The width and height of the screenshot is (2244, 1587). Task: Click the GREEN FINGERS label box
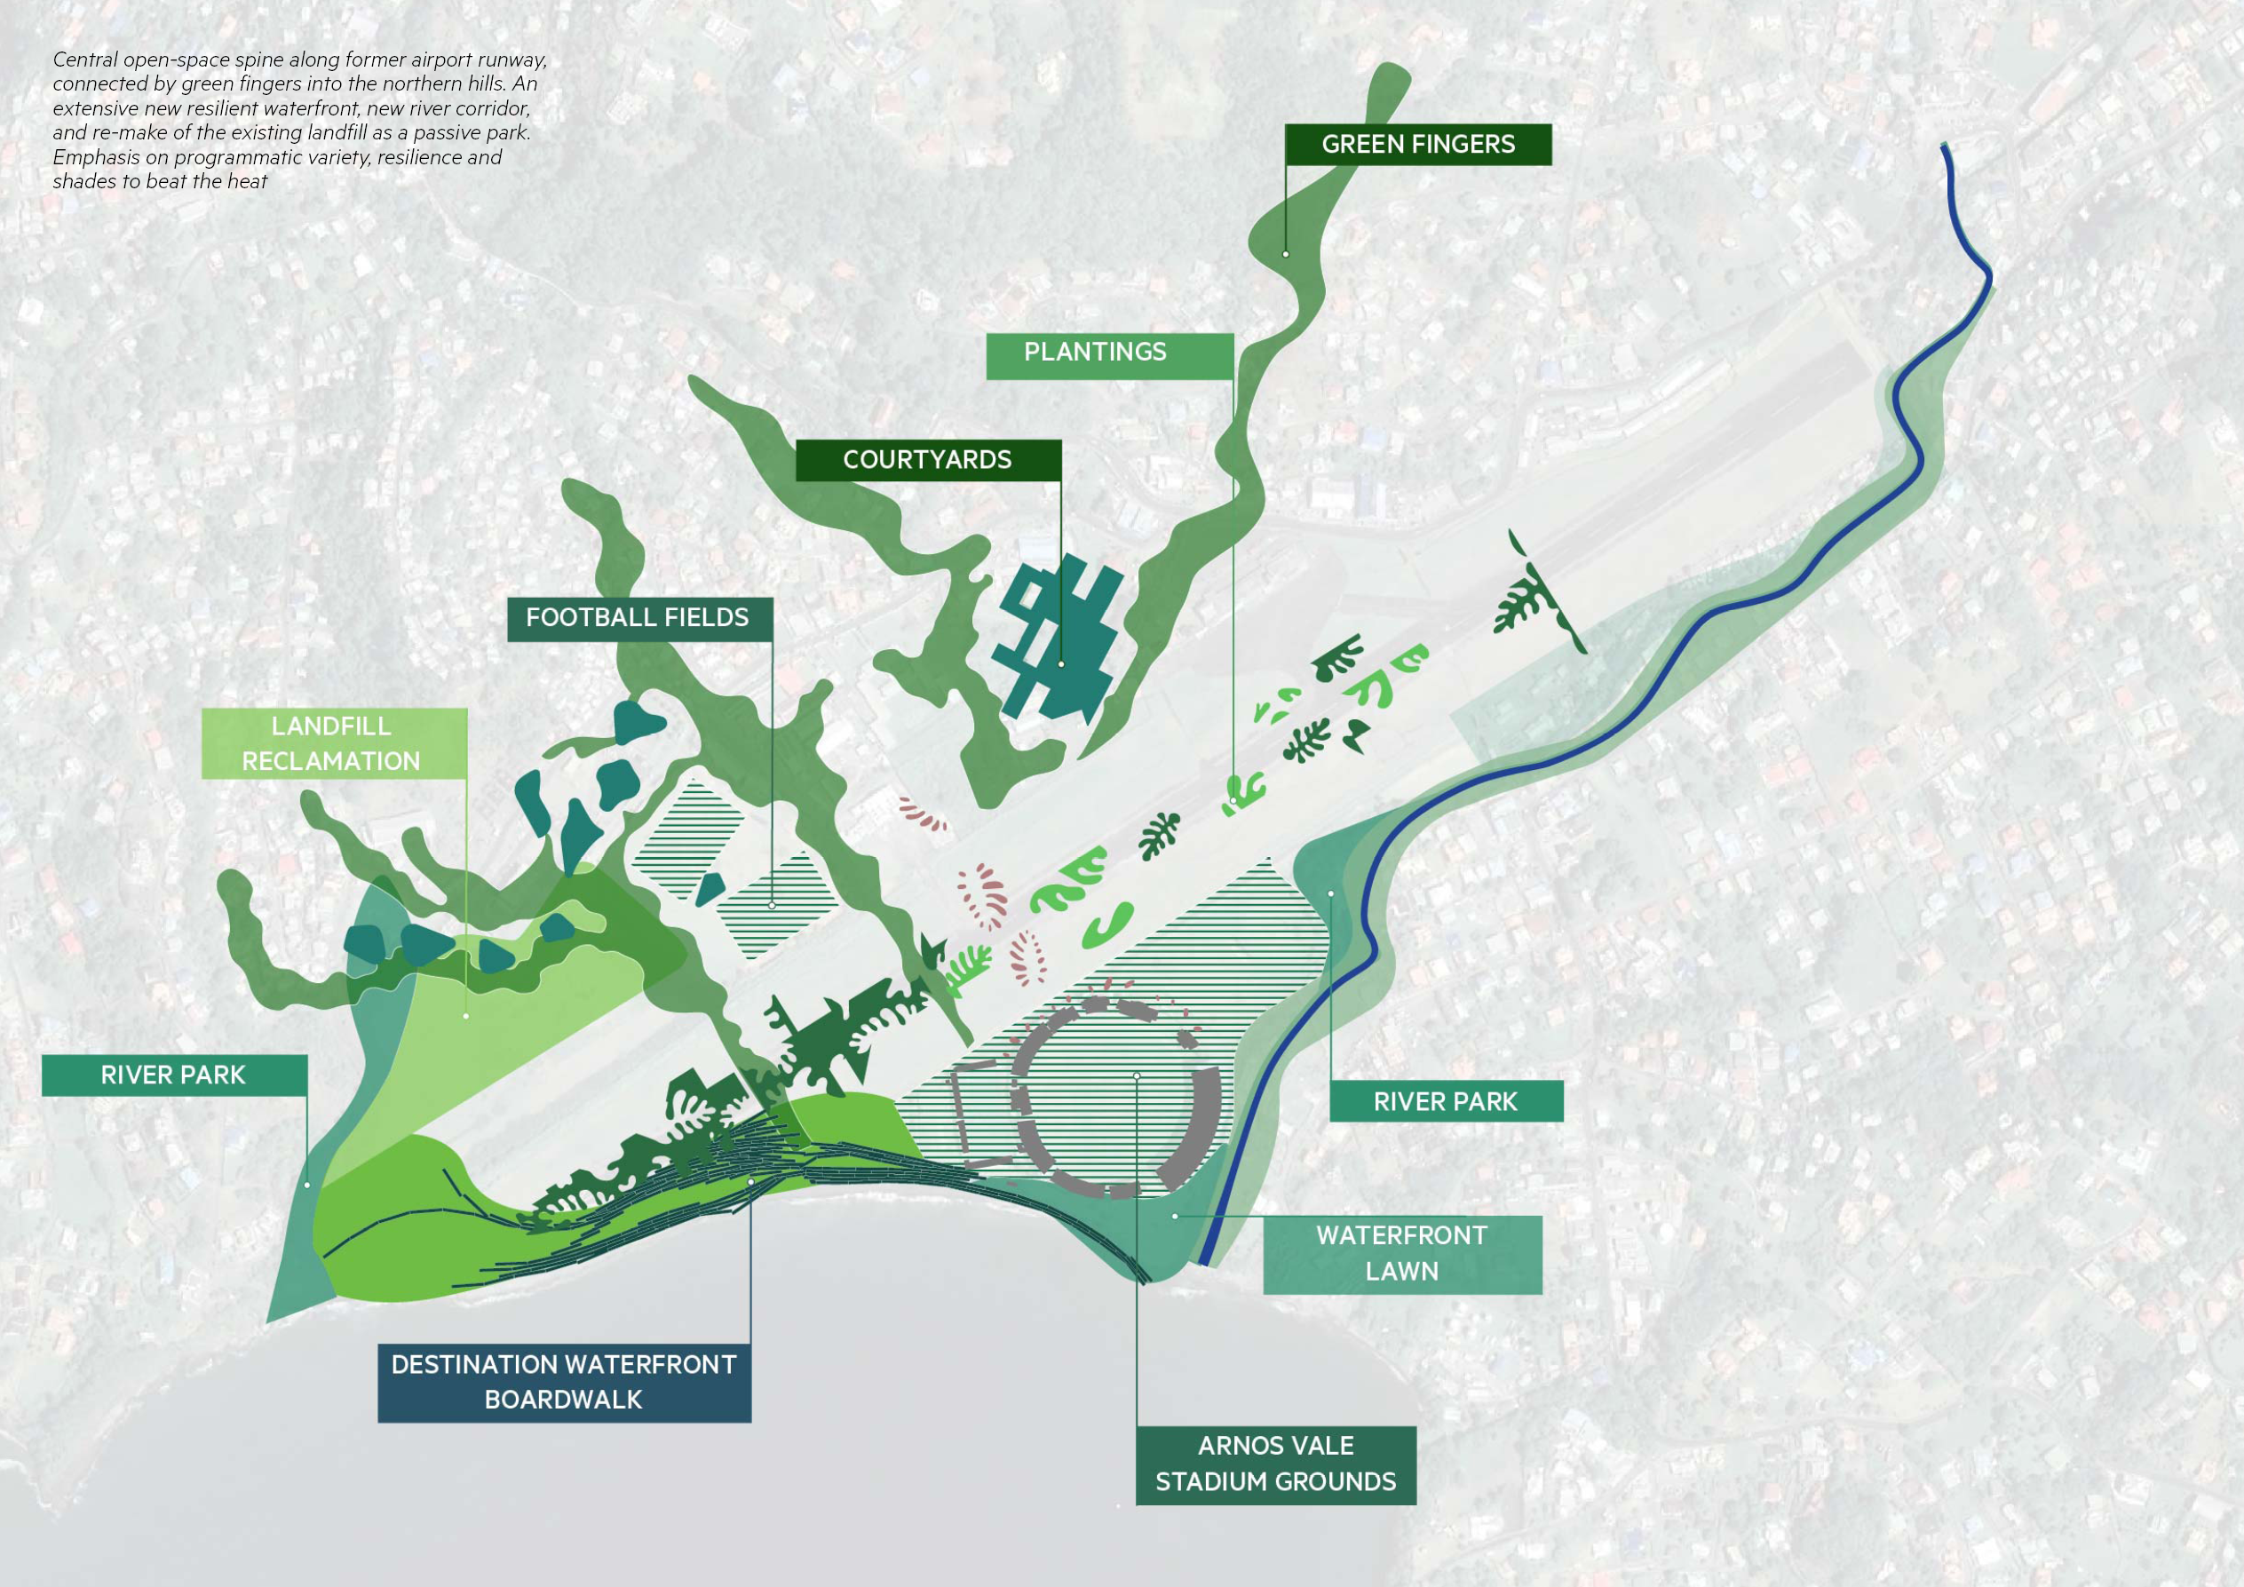coord(1417,145)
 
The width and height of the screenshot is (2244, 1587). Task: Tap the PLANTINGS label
coord(1108,353)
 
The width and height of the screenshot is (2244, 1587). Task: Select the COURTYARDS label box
coord(927,460)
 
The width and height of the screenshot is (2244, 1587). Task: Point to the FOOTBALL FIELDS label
coord(639,619)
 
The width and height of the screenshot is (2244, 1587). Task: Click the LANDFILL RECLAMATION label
coord(333,743)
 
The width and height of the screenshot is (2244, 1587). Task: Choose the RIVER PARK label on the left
coord(174,1075)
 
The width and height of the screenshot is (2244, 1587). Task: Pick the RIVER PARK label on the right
coord(1446,1101)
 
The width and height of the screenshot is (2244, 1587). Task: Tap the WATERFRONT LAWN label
coord(1401,1254)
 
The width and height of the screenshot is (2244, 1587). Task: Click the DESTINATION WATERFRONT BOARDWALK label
coord(564,1382)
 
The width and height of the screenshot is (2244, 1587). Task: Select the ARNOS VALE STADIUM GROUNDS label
coord(1275,1464)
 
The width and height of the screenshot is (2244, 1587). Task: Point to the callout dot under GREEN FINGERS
coord(1286,254)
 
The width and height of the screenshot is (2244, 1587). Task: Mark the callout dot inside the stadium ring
coord(1137,1076)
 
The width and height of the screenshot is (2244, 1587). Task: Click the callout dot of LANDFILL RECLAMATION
coord(466,1016)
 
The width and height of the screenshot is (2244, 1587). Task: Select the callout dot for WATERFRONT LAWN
coord(1176,1216)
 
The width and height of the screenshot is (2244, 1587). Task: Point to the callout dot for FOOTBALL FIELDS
coord(772,906)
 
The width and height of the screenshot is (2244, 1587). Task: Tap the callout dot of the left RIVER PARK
coord(307,1186)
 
